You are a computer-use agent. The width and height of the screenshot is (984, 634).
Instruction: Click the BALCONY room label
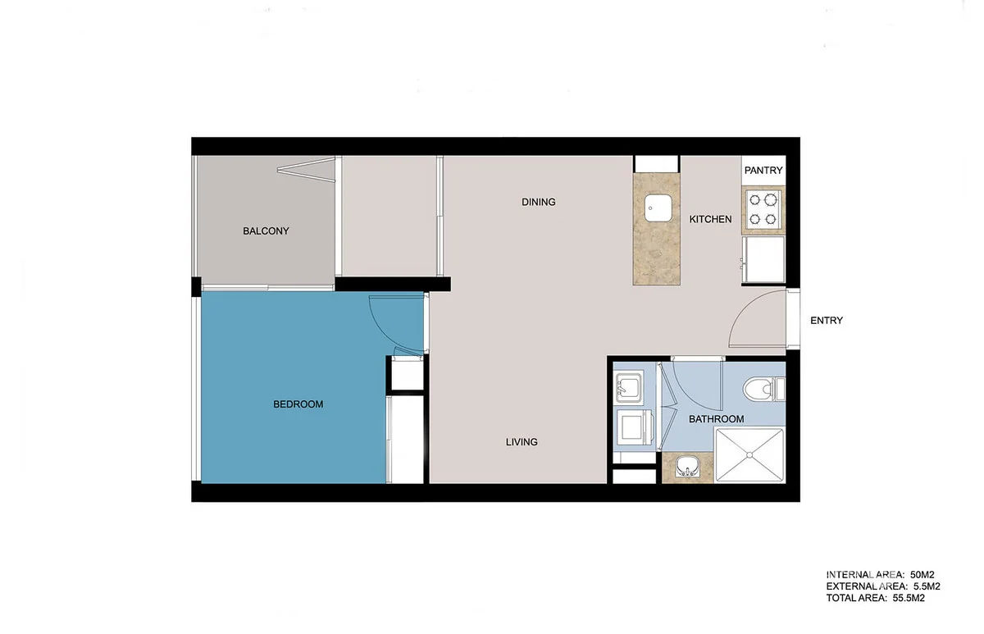tap(266, 231)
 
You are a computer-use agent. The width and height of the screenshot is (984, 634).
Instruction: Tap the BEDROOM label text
tap(298, 404)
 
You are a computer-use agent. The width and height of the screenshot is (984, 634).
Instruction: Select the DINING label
tap(538, 202)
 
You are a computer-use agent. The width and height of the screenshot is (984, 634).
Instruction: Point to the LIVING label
tap(522, 442)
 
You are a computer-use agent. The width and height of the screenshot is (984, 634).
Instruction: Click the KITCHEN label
tap(710, 220)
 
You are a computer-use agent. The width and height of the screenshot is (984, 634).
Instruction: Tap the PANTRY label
tap(763, 171)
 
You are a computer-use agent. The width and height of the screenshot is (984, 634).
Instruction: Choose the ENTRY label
tap(826, 321)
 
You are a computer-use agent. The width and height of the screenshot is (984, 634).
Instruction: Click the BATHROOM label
tap(716, 419)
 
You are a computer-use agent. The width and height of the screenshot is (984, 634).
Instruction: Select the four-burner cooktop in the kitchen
tap(763, 208)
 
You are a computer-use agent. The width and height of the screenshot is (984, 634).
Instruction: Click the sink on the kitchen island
tap(658, 208)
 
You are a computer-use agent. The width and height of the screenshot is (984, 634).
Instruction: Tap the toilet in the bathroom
tap(763, 389)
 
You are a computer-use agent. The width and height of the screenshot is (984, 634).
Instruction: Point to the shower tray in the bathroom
tap(749, 454)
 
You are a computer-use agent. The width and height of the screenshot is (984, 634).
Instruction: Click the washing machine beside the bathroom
tap(632, 427)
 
